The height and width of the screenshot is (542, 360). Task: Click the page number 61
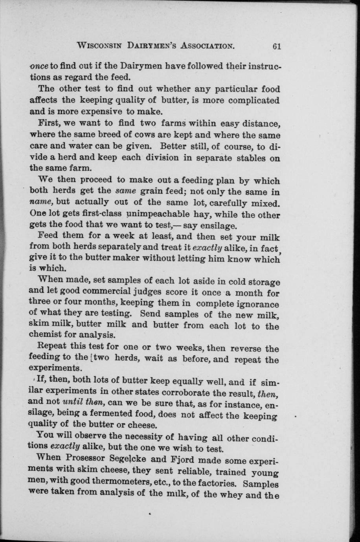(x=277, y=46)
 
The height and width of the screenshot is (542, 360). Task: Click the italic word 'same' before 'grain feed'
(x=125, y=192)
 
